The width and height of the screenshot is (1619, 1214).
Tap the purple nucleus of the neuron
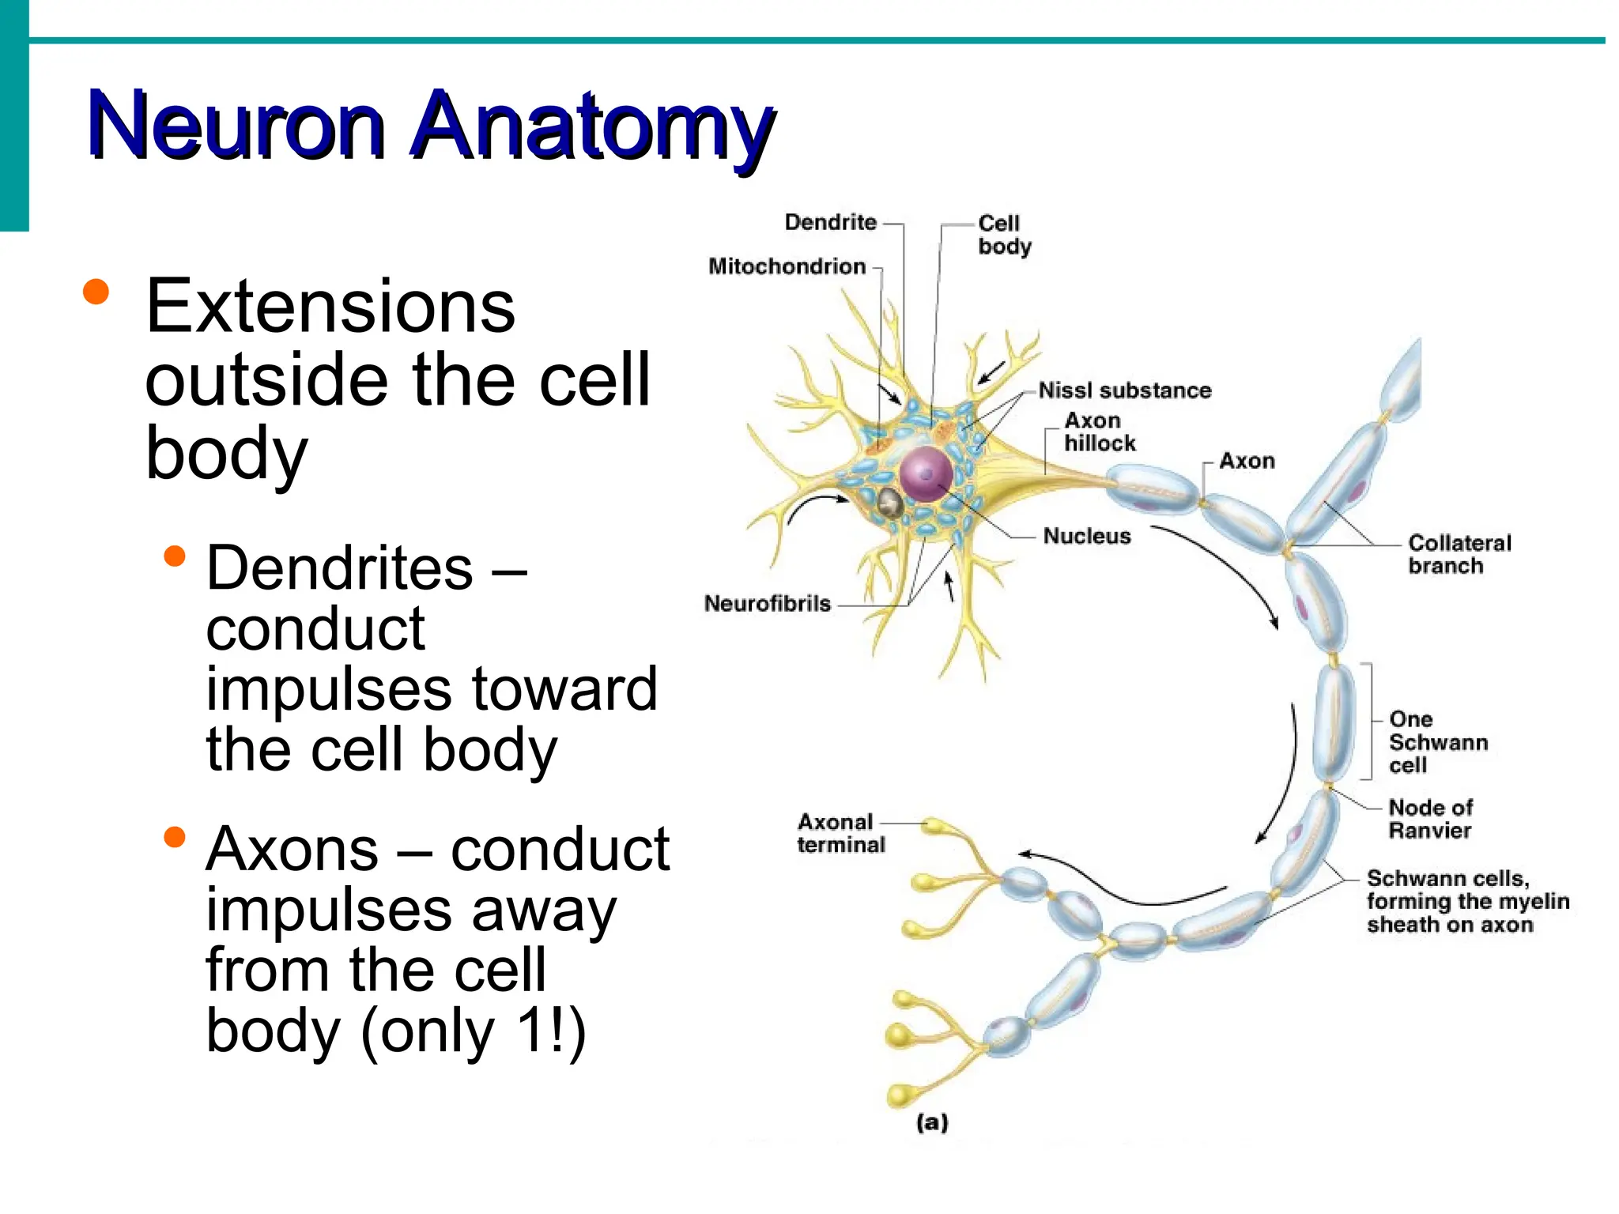[926, 473]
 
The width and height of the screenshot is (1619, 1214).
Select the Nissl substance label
[1124, 390]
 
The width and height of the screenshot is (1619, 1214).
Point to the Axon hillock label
[1100, 432]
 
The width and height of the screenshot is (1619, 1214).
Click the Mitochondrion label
[787, 266]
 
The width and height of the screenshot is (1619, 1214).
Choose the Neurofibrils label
[767, 604]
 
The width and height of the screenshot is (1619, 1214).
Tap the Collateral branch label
[1459, 554]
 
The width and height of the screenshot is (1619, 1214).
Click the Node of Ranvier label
[1430, 819]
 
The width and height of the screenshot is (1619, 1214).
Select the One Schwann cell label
[1437, 742]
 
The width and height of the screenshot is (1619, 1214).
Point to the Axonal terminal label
[840, 834]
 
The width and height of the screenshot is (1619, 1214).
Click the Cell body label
[1004, 235]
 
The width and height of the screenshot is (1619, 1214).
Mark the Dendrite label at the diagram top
[830, 222]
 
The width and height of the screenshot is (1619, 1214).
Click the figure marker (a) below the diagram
[932, 1122]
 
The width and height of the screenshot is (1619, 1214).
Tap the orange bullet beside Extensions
[96, 292]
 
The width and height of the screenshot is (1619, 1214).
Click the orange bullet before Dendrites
[174, 556]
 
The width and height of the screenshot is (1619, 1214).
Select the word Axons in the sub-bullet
[292, 850]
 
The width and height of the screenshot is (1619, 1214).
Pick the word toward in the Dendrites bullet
[564, 689]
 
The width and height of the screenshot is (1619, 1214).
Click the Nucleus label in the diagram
[1086, 536]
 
